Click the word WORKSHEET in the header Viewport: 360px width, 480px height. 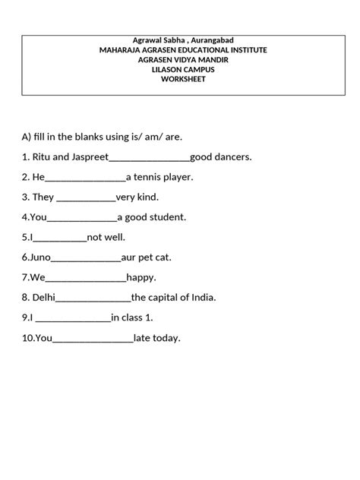click(183, 78)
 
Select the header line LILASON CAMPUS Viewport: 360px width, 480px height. click(183, 68)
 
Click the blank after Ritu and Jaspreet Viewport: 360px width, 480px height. click(150, 159)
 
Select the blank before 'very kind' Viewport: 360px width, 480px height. click(86, 198)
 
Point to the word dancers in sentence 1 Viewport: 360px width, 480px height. click(232, 157)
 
